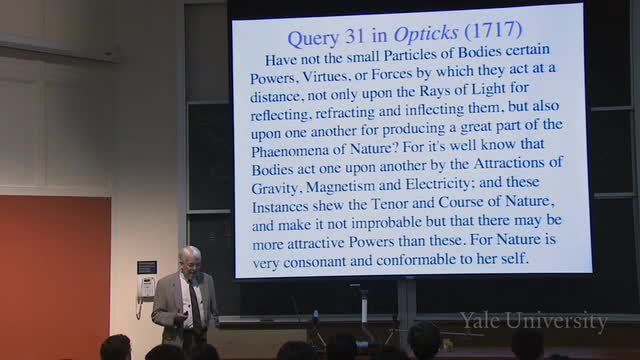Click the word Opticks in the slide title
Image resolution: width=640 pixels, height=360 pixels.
pos(426,34)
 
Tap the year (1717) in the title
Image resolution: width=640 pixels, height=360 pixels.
pos(493,31)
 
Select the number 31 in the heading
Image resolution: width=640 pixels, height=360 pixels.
pos(354,36)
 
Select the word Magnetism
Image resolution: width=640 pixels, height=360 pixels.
pos(340,186)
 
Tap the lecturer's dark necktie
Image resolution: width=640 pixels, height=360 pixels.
pos(195,304)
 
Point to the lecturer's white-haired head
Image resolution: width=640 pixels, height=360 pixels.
pos(190,259)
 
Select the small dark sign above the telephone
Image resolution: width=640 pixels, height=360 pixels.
pos(147,267)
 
